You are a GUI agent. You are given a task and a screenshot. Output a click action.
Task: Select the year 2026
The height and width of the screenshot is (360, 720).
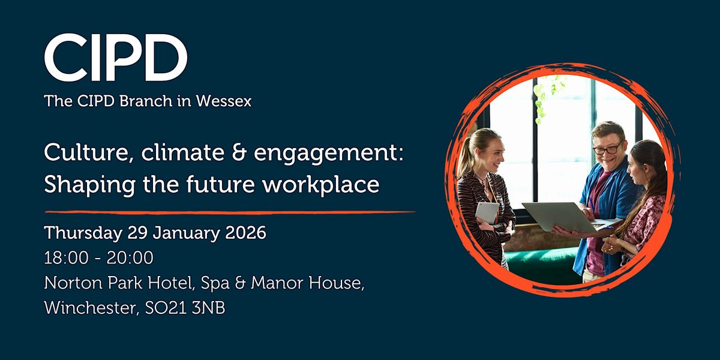pyautogui.click(x=244, y=233)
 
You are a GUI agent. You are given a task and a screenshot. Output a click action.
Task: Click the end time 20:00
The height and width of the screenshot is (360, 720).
pyautogui.click(x=133, y=257)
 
